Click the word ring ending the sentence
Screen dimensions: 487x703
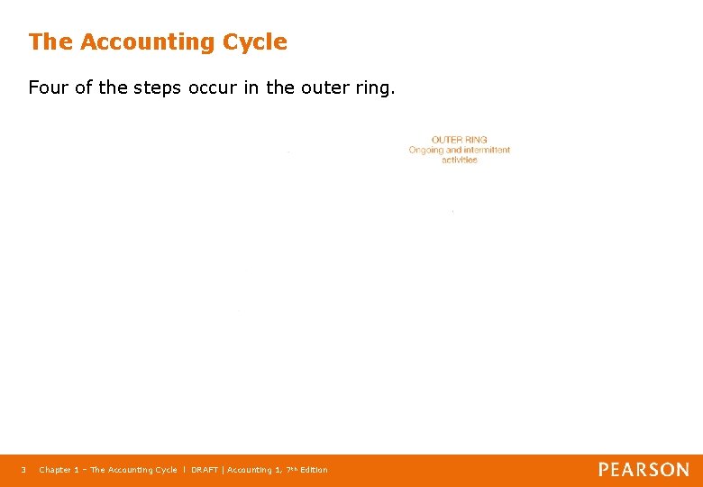click(371, 87)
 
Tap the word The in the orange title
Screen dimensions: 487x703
click(50, 41)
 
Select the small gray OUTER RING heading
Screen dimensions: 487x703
click(460, 140)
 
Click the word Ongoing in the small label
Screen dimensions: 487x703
click(426, 150)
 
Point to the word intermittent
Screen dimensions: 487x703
click(487, 150)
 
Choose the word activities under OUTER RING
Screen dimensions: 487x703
click(460, 160)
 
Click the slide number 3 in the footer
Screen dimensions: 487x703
click(23, 470)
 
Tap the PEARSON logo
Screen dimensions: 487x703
click(644, 470)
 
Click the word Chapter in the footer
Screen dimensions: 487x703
click(55, 470)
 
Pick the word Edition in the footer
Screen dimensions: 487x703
click(315, 470)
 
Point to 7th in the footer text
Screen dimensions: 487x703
click(291, 469)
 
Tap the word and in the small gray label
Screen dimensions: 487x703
click(454, 150)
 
